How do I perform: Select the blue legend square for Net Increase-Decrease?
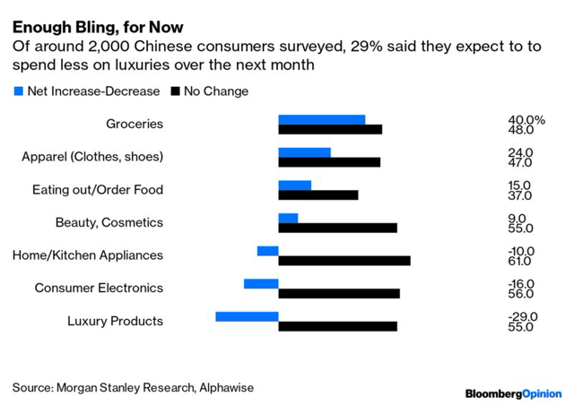click(x=18, y=90)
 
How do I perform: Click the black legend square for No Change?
click(x=175, y=90)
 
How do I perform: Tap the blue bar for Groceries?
click(x=321, y=119)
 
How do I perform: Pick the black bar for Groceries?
click(x=330, y=130)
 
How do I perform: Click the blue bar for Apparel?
click(x=304, y=152)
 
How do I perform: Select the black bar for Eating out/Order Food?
click(x=317, y=195)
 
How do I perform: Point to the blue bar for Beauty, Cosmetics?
click(x=288, y=218)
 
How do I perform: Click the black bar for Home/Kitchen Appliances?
click(x=344, y=261)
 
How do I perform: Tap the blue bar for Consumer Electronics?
click(x=261, y=283)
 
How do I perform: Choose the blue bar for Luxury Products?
click(x=247, y=316)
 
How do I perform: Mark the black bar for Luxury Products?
click(x=337, y=326)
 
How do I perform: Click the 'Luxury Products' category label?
click(x=116, y=321)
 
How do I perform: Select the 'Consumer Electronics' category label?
click(x=99, y=288)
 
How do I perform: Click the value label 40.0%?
click(x=526, y=120)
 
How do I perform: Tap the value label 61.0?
click(x=520, y=262)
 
